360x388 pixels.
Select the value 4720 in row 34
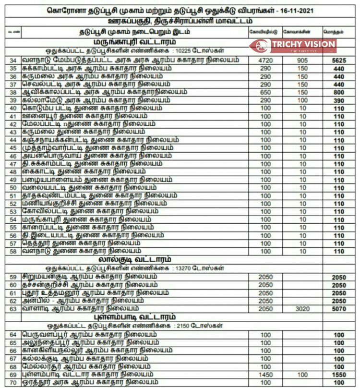click(x=265, y=61)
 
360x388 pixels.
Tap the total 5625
click(x=339, y=61)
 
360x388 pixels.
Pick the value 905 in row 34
click(x=302, y=61)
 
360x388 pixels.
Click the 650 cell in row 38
click(x=265, y=92)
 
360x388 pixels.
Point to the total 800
click(x=339, y=92)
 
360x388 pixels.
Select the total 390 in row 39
click(x=339, y=100)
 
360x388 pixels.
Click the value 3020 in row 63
click(x=302, y=309)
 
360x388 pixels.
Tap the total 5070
click(x=339, y=309)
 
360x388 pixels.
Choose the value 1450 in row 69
click(x=265, y=374)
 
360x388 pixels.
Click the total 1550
click(x=339, y=374)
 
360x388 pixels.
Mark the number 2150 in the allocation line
click(x=183, y=325)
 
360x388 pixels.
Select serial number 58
click(x=13, y=251)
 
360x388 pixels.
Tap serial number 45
click(x=13, y=148)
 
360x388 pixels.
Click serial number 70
click(x=13, y=382)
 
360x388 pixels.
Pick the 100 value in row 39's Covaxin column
click(x=302, y=100)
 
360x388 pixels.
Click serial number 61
click(x=13, y=293)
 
